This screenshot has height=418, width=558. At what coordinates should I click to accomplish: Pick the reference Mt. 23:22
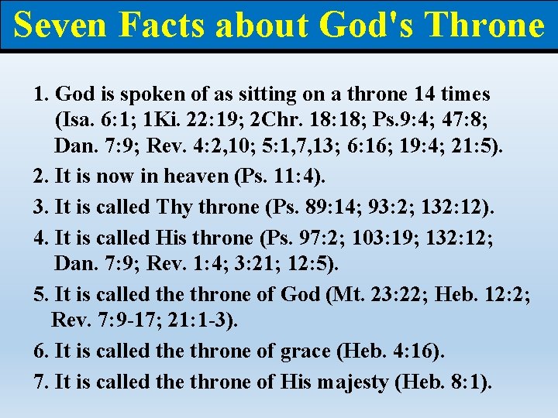pyautogui.click(x=379, y=295)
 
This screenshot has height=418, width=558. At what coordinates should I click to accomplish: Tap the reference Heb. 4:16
pyautogui.click(x=392, y=351)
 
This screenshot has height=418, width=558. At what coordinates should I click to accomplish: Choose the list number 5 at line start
pyautogui.click(x=40, y=295)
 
